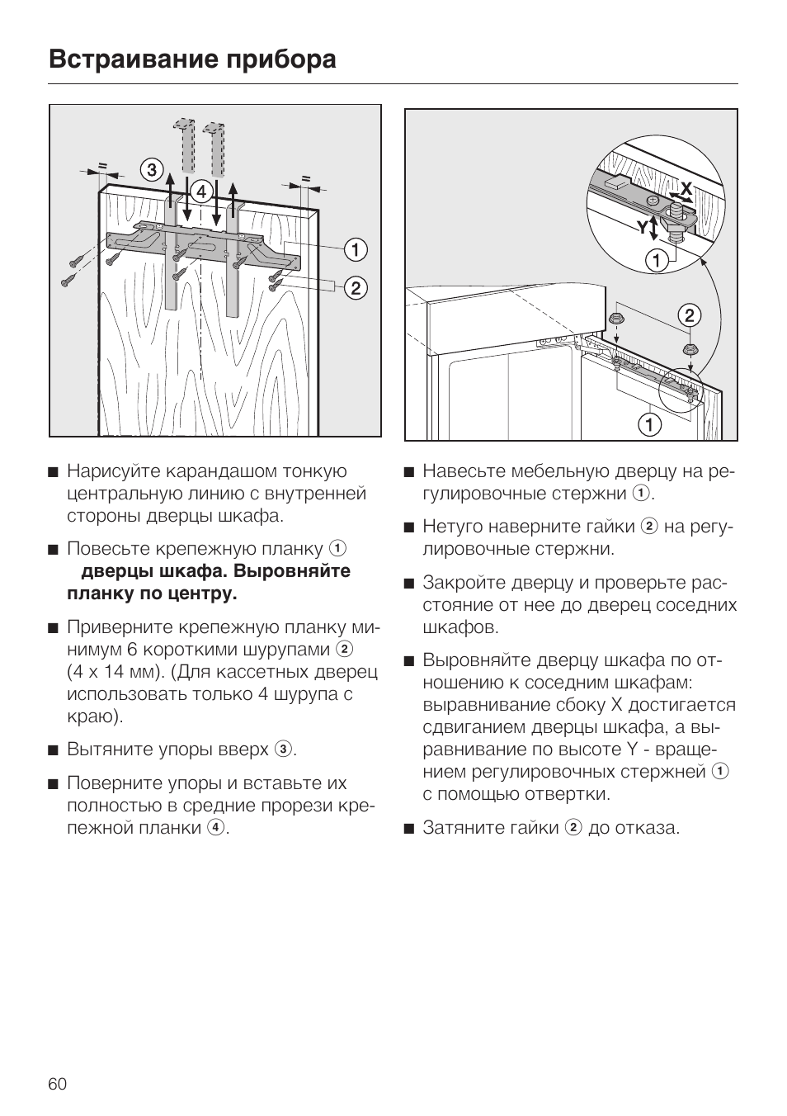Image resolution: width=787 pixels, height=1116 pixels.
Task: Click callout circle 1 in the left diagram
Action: [x=356, y=248]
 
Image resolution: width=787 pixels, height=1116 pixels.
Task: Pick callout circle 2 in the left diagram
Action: [x=356, y=288]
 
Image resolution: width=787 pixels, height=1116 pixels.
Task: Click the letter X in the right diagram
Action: [x=686, y=188]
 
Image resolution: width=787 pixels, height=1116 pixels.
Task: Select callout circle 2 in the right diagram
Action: [x=689, y=314]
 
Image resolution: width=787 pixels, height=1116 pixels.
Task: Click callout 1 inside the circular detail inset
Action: [x=657, y=262]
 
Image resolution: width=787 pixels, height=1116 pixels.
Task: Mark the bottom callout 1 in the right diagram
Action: [x=650, y=425]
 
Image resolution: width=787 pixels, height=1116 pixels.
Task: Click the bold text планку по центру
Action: [x=152, y=593]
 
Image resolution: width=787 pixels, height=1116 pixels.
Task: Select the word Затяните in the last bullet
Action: [x=457, y=828]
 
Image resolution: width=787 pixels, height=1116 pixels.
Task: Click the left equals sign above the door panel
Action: [x=103, y=166]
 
